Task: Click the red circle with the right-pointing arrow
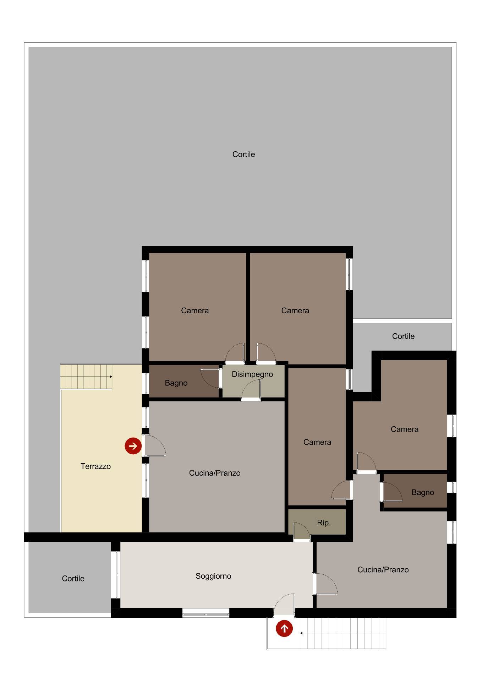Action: coord(133,446)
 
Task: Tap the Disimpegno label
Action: coord(252,374)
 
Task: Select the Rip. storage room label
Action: coord(324,523)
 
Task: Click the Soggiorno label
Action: coord(213,576)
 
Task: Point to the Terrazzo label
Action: coord(95,466)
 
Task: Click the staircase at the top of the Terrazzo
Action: coord(86,377)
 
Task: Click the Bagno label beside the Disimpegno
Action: coord(176,383)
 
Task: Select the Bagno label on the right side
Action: coord(423,493)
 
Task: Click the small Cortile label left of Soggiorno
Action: coord(73,579)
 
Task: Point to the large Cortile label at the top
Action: coord(243,155)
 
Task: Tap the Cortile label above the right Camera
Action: coord(403,336)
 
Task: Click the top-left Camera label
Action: coord(195,311)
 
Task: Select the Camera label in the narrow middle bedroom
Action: coord(317,442)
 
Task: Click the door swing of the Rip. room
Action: coord(302,532)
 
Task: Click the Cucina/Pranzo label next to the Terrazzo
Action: coord(215,473)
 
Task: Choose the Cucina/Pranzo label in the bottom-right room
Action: coord(383,570)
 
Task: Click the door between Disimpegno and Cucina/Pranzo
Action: coord(251,390)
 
